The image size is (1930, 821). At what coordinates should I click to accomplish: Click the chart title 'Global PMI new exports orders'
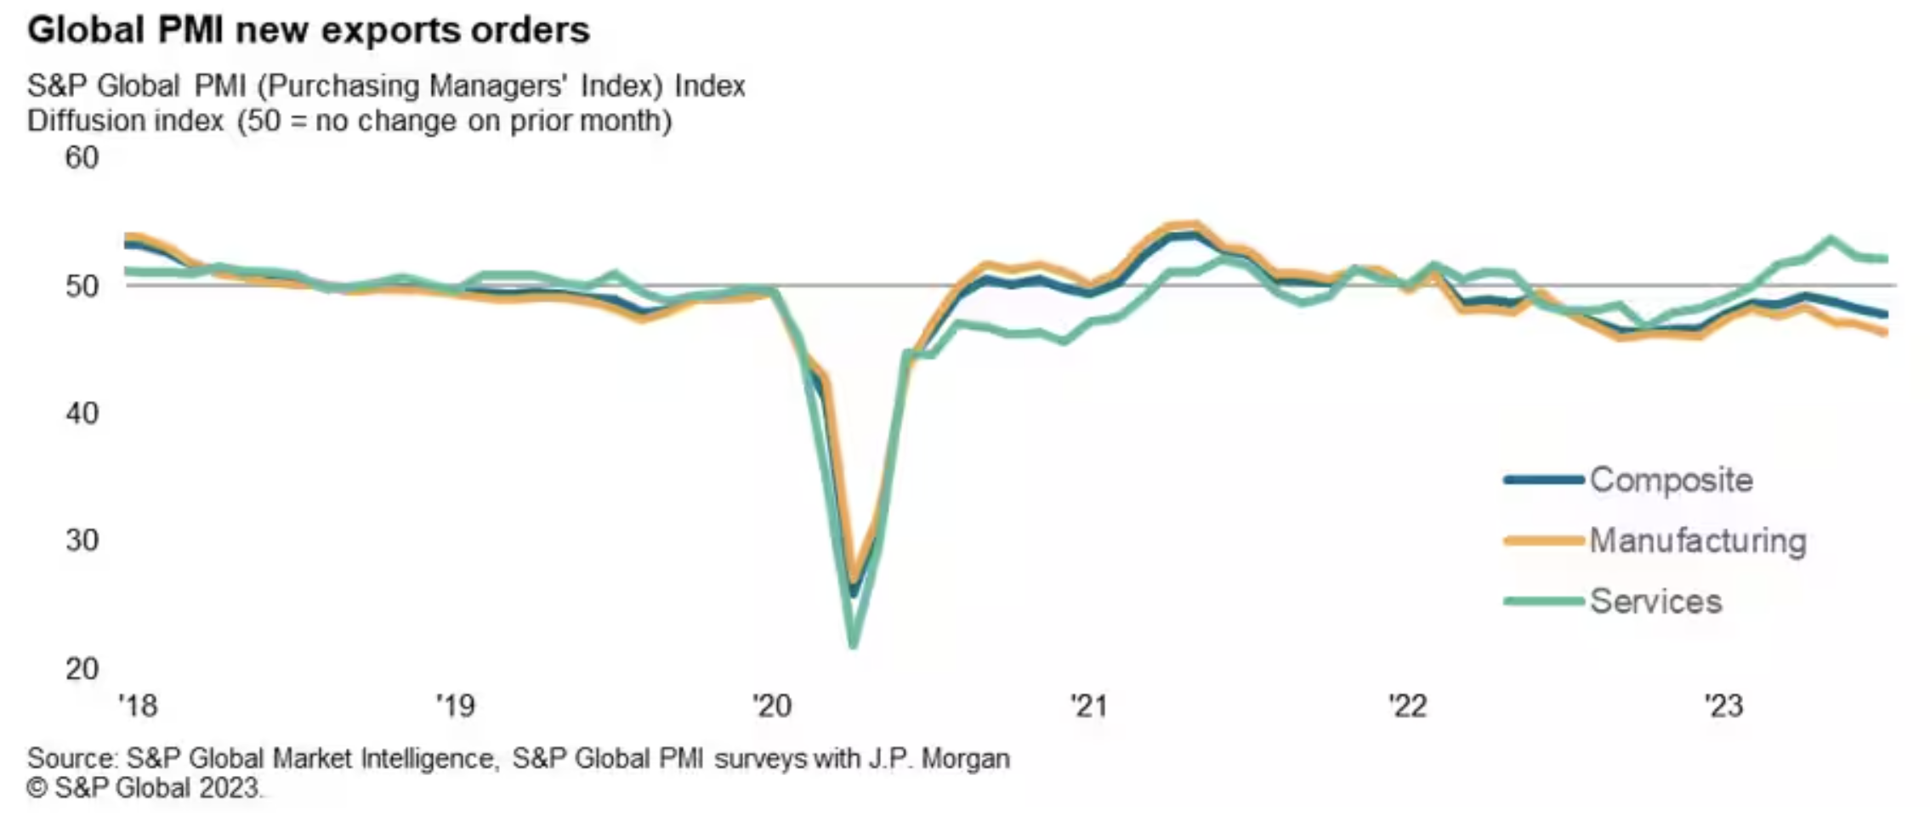pos(308,31)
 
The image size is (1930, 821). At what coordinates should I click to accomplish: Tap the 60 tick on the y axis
pos(82,158)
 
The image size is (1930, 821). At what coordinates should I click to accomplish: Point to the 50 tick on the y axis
pos(82,286)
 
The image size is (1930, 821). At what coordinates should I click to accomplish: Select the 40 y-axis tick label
pos(82,413)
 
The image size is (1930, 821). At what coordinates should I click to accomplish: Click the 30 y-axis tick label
pos(82,541)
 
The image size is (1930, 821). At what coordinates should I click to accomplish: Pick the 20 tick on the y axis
pos(82,669)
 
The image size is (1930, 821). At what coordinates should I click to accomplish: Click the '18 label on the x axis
pos(138,705)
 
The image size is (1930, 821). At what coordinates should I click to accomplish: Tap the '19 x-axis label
pos(455,705)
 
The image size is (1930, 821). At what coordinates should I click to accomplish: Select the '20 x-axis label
pos(772,705)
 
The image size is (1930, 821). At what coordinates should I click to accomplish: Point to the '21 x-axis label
pos(1089,705)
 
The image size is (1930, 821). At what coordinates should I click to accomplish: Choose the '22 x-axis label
pos(1407,705)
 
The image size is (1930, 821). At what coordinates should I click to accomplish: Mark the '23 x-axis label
pos(1724,705)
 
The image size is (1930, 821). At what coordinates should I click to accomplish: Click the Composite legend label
pos(1671,480)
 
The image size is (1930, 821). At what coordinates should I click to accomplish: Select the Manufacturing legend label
pos(1698,541)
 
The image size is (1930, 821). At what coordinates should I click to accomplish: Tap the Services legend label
pos(1655,602)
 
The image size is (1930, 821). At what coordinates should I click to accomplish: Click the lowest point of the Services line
pos(853,646)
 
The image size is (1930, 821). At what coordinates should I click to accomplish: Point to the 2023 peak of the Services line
pos(1831,239)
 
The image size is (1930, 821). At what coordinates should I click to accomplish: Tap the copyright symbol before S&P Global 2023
pos(37,789)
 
